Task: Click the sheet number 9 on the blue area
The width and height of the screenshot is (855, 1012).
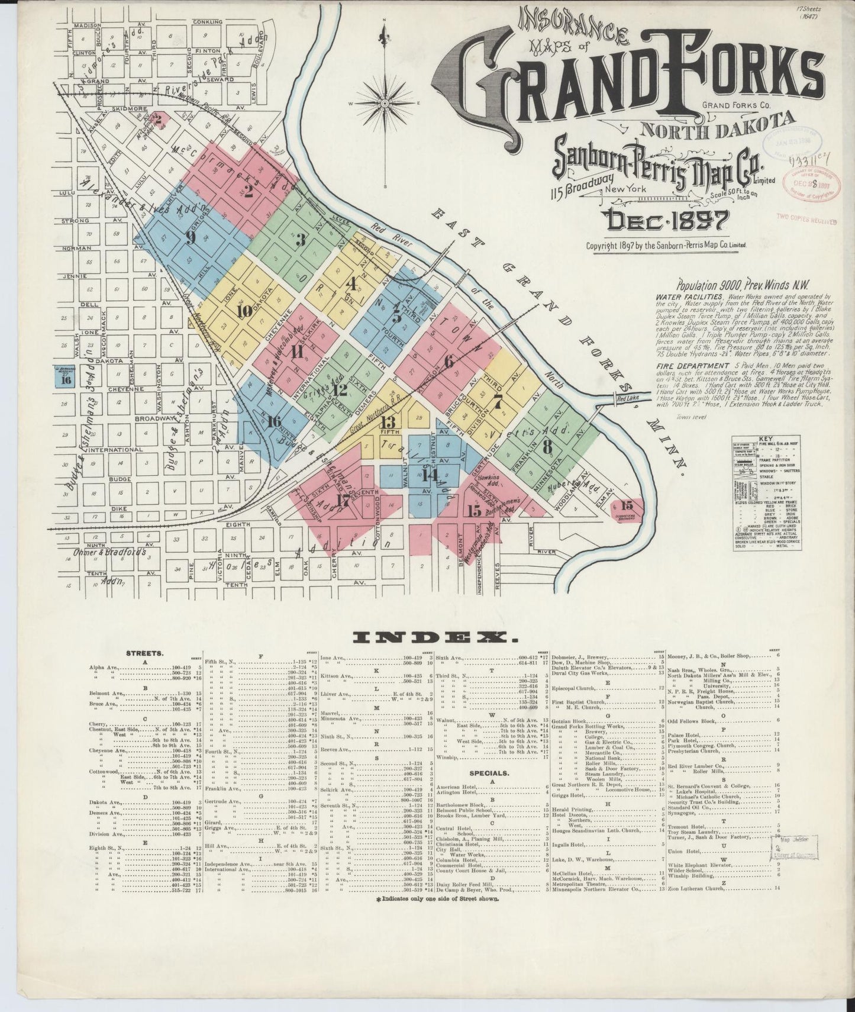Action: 190,237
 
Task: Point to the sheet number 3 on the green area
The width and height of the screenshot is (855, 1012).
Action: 301,240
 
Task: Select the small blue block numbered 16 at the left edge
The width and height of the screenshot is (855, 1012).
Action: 66,380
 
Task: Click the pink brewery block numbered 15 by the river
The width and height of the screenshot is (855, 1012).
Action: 627,505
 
